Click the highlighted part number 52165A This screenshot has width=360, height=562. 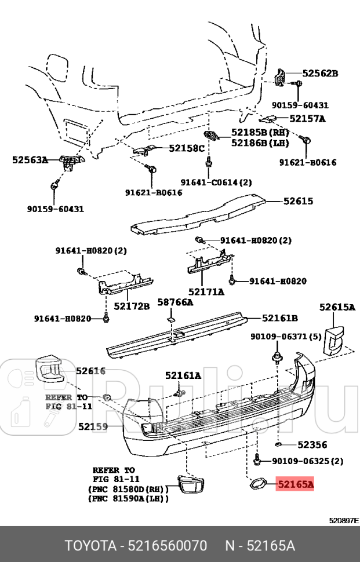[295, 484]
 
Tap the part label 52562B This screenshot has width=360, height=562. [320, 73]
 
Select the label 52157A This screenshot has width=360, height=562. [307, 119]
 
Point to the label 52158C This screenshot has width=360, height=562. [187, 148]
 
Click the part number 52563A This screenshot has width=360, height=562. [30, 160]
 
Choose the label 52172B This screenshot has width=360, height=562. [132, 305]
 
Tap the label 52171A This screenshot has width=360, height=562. [206, 291]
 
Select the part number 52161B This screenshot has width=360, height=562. [280, 318]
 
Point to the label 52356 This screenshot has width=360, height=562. [312, 445]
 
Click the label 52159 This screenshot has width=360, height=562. [93, 427]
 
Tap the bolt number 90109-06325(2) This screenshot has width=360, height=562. [307, 462]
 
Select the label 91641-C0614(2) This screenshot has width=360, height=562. [216, 182]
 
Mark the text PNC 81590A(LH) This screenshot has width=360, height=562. [128, 498]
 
